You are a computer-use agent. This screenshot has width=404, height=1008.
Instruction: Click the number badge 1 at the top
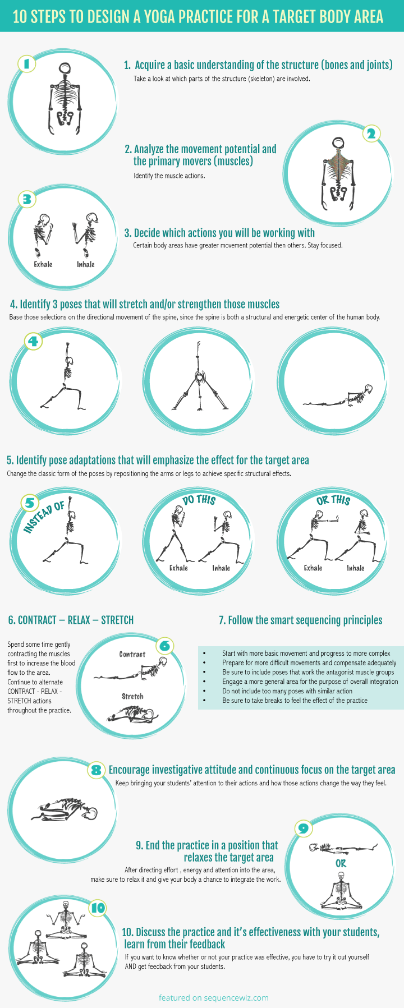pos(26,63)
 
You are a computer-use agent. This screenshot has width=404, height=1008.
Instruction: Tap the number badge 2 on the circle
pos(370,134)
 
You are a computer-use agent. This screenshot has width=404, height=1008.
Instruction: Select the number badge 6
pos(164,646)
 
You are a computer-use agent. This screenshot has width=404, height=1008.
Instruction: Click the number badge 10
pos(98,908)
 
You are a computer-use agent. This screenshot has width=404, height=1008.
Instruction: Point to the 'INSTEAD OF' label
pos(44,518)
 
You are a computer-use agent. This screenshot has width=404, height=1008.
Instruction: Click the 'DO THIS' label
pos(199,499)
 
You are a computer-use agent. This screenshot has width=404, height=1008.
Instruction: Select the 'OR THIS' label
pos(333,499)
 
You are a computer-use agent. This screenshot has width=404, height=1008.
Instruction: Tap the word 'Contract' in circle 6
pos(132,654)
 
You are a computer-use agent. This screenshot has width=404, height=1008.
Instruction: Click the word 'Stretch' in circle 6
pos(132,696)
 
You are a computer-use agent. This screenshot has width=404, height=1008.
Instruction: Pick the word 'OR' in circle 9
pos(341,863)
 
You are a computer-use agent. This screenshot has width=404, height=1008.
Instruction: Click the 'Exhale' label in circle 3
pos(43,264)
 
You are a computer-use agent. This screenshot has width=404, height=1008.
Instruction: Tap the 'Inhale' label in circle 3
pos(86,264)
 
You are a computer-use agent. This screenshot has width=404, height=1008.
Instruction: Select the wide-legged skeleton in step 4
pos(197,379)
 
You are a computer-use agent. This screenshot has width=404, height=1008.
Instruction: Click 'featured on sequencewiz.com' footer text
pos(213,997)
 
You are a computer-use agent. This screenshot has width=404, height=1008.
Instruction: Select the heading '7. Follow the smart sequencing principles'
pos(300,620)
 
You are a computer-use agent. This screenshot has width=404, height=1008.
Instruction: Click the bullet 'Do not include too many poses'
pos(287,691)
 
